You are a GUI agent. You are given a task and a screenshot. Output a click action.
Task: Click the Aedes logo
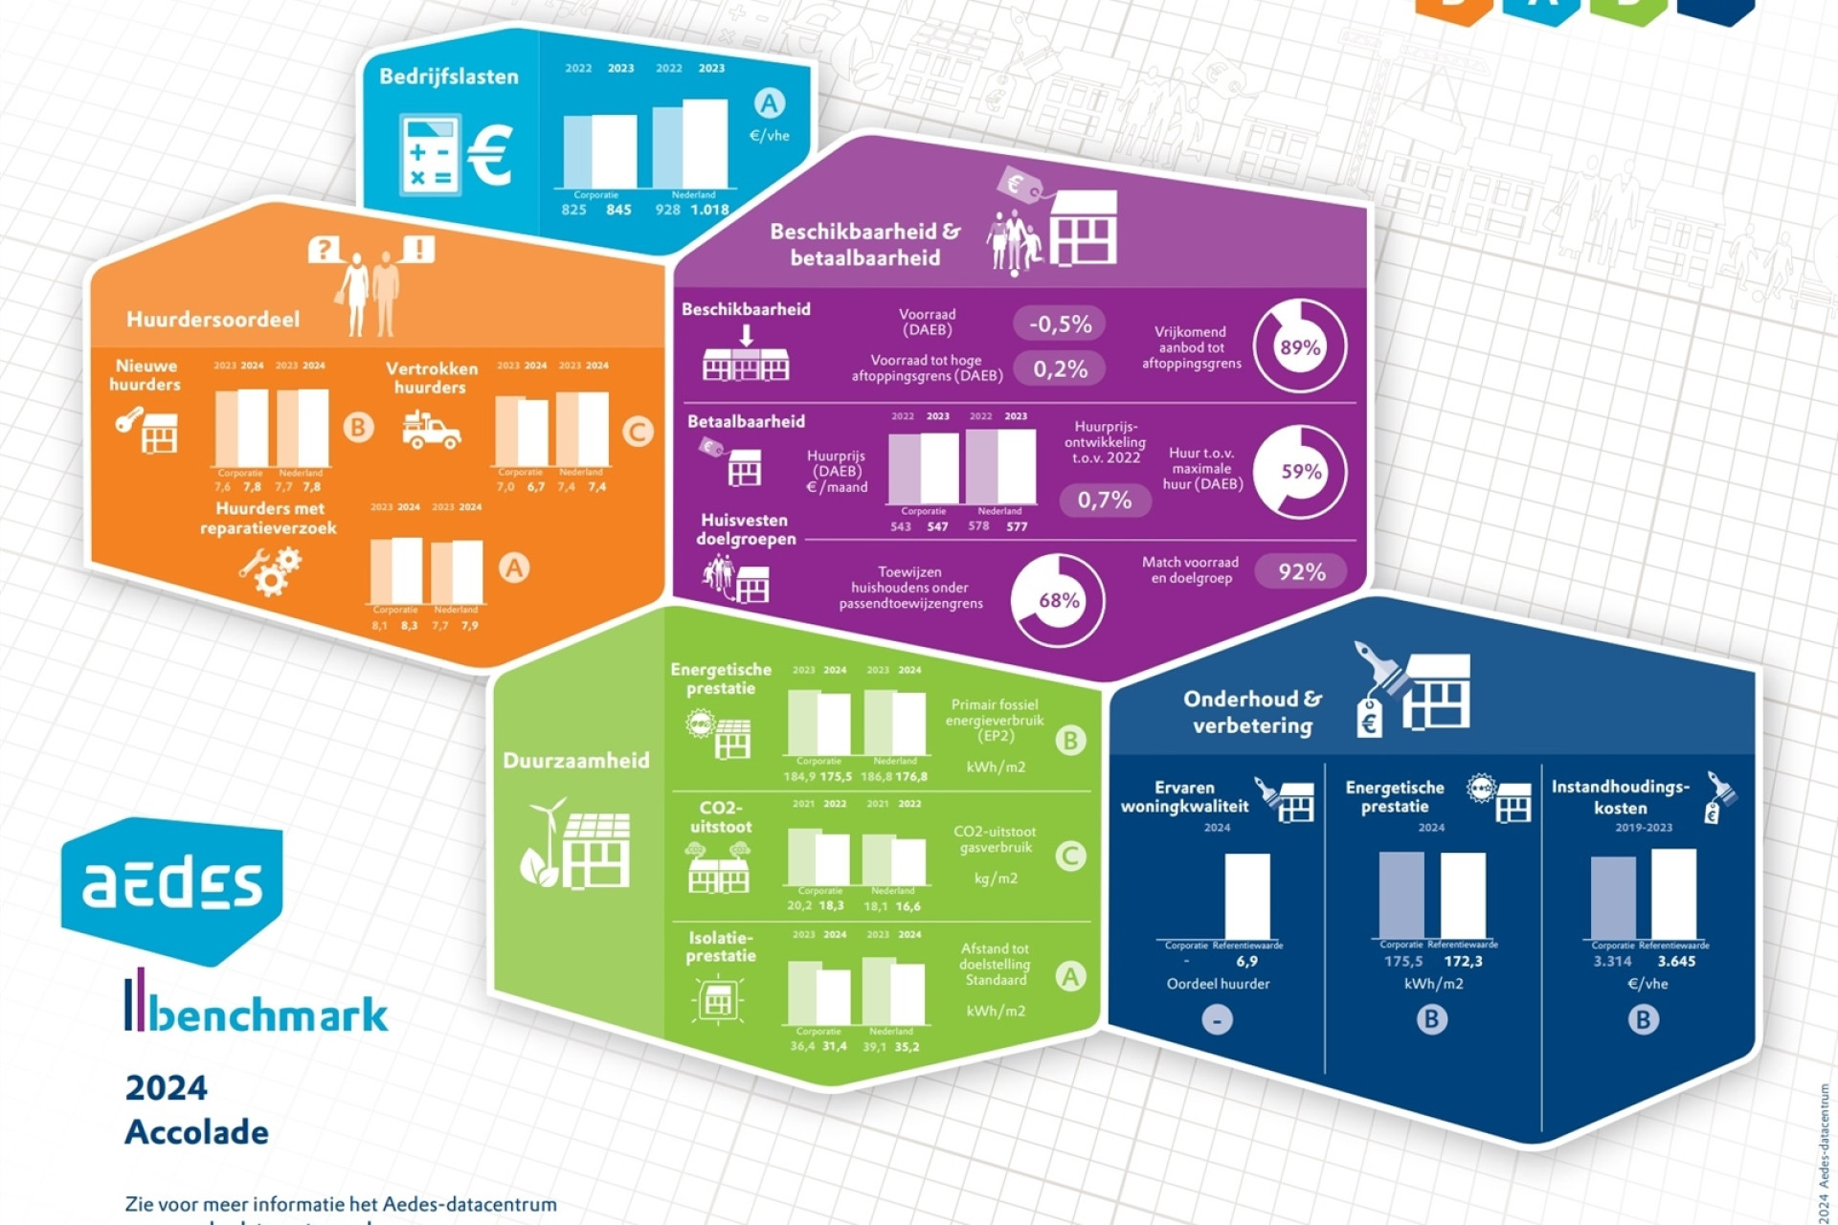tap(172, 884)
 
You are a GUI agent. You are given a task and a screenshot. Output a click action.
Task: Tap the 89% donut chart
tap(1300, 346)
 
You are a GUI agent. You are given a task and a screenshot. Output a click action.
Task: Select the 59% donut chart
tap(1300, 471)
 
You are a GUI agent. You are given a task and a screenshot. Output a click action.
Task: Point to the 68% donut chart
tap(1058, 600)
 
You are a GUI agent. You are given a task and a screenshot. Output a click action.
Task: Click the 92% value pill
tap(1301, 571)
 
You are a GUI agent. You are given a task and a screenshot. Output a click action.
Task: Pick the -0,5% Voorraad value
tap(1060, 323)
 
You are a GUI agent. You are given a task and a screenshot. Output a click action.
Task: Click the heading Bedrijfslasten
tap(448, 77)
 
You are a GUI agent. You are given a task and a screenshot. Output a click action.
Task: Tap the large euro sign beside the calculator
tap(490, 155)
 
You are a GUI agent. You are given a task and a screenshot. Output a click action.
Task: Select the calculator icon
tap(430, 154)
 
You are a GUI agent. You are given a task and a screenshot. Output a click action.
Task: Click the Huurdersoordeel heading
tap(213, 320)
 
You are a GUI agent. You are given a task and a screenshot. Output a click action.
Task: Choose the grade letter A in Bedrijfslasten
tap(770, 102)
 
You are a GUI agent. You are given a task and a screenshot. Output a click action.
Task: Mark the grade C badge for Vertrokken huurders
tap(637, 432)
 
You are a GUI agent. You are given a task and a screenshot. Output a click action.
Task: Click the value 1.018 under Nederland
tap(709, 210)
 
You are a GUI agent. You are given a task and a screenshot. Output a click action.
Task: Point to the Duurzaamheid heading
tap(575, 761)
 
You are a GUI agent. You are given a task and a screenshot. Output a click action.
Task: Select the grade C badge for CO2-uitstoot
tap(1070, 856)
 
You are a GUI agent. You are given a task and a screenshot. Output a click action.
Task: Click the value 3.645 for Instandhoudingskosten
tap(1675, 961)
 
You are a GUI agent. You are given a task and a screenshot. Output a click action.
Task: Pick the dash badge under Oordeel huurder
tap(1217, 1020)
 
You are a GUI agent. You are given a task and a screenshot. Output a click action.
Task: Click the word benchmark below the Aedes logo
tap(268, 1014)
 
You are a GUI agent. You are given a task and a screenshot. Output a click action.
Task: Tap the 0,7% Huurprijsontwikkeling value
tap(1105, 500)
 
